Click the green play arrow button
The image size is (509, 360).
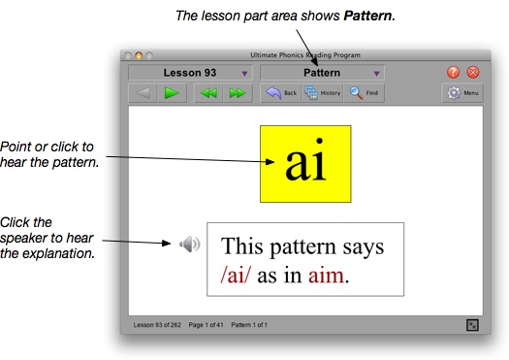coord(172,93)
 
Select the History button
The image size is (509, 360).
coord(324,93)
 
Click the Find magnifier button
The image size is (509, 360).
coord(364,93)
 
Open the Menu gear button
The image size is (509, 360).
coord(462,93)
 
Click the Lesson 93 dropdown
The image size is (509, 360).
coord(190,73)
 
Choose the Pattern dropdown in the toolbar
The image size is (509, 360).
coord(322,73)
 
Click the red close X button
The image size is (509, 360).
coord(473,73)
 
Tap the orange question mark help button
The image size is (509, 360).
coord(454,73)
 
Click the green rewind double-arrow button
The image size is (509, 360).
coord(207,93)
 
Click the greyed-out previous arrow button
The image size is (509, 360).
coord(143,93)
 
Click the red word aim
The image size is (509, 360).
coord(327,276)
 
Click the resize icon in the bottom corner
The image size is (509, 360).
coord(472,323)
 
